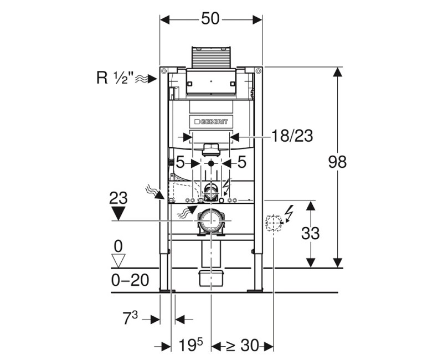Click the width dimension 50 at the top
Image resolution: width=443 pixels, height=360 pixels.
point(210,19)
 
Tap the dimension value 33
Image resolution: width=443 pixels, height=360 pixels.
point(311,233)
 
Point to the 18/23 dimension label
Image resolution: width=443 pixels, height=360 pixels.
point(292,136)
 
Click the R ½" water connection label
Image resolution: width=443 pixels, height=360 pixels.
point(113,78)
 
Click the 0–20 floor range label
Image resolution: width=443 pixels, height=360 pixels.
point(130,280)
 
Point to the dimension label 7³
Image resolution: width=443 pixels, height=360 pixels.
point(133,319)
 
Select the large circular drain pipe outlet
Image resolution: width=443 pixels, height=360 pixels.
point(210,222)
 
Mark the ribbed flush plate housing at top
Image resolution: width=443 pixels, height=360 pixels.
point(210,57)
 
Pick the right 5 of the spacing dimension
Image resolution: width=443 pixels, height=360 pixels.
point(242,162)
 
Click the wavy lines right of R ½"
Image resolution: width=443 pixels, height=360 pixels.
point(143,78)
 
